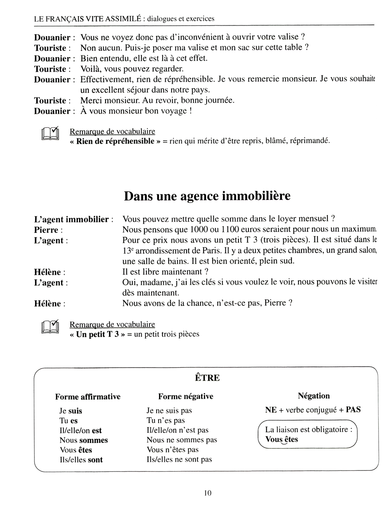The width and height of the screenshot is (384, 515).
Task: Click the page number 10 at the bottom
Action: (208, 493)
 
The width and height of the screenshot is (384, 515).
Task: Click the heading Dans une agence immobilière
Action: (207, 196)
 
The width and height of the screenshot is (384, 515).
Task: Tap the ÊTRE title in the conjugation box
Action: (207, 378)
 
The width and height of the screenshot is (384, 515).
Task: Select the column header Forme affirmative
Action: (88, 396)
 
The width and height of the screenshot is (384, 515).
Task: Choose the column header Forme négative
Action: (185, 396)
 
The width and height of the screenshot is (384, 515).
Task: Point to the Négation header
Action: (313, 396)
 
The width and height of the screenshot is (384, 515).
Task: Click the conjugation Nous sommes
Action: (83, 440)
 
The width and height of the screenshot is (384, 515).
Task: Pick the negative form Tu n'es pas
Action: (166, 420)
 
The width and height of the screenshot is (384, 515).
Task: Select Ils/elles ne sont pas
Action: (179, 459)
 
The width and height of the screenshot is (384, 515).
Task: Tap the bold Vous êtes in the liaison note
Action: (281, 440)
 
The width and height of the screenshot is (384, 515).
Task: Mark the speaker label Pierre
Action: (46, 230)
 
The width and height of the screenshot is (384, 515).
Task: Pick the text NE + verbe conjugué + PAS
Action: (313, 409)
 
